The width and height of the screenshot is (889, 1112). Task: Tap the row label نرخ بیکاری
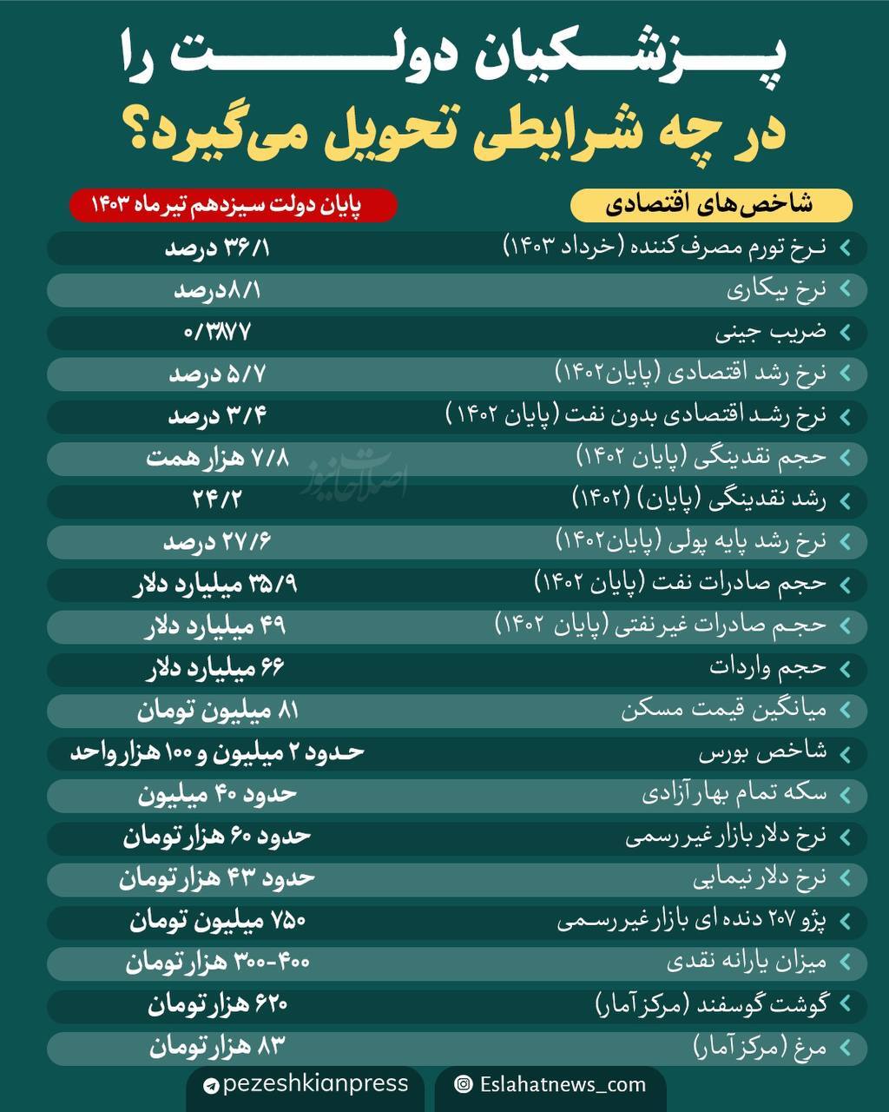(x=776, y=290)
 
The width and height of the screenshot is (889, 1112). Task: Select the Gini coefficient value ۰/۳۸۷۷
(x=217, y=332)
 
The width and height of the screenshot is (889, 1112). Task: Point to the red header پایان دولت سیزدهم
(x=233, y=206)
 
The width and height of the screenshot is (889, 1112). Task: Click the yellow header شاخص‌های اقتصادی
(x=710, y=206)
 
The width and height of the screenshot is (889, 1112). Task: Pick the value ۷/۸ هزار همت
(x=217, y=458)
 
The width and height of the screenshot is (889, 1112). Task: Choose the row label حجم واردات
(x=767, y=667)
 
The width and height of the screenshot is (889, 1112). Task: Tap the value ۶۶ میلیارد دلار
(x=215, y=668)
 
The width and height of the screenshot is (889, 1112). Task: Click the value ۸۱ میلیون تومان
(x=217, y=711)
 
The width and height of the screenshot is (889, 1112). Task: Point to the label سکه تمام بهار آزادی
(x=734, y=793)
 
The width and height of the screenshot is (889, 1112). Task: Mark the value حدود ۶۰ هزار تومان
(x=217, y=836)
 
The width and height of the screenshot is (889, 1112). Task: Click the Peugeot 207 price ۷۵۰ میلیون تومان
(x=217, y=920)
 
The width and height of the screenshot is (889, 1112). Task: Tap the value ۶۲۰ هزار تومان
(x=217, y=1005)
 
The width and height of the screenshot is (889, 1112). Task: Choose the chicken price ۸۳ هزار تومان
(x=217, y=1047)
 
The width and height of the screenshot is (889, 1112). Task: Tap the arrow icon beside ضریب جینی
(x=845, y=333)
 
